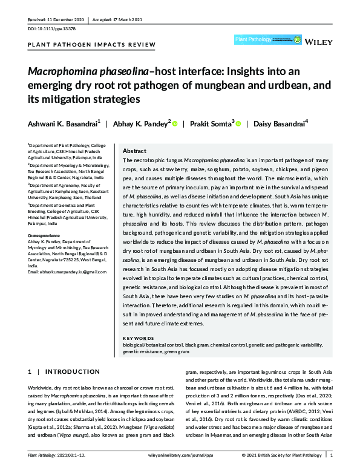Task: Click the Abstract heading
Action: [134, 151]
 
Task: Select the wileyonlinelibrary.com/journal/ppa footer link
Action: [181, 454]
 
